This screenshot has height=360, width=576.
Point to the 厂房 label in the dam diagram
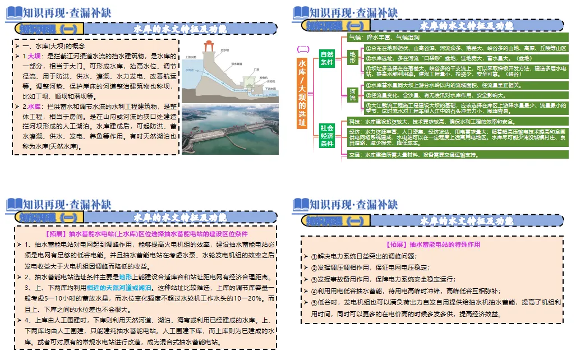256,70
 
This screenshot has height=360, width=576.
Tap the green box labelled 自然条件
327,58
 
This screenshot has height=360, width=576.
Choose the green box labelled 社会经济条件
327,136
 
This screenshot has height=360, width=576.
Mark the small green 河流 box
352,94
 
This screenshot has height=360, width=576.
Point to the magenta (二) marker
303,49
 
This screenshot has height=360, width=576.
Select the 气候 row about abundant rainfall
393,37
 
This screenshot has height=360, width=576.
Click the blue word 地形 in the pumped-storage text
125,276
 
